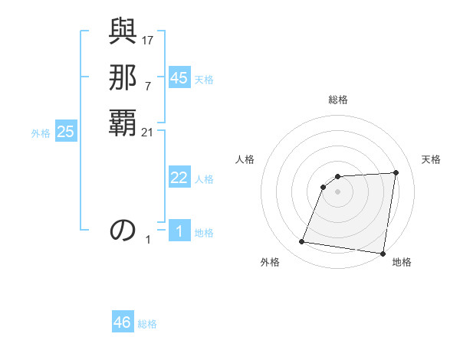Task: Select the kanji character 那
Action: [x=123, y=77]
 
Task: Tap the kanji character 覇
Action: [x=123, y=123]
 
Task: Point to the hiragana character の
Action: [x=123, y=230]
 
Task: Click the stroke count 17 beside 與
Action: [x=148, y=39]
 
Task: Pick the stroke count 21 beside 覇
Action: [x=148, y=133]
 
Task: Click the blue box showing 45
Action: [x=179, y=78]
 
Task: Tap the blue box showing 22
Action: [x=179, y=178]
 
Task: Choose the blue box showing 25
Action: [x=66, y=132]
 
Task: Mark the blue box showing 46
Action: [x=123, y=322]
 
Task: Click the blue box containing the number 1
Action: [x=179, y=231]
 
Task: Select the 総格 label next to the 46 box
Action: [x=147, y=324]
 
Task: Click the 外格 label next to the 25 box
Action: [x=41, y=133]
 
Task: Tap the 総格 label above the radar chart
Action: [x=338, y=100]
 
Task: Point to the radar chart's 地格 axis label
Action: [x=402, y=263]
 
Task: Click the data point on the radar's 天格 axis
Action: [x=396, y=172]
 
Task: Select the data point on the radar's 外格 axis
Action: [x=301, y=242]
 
